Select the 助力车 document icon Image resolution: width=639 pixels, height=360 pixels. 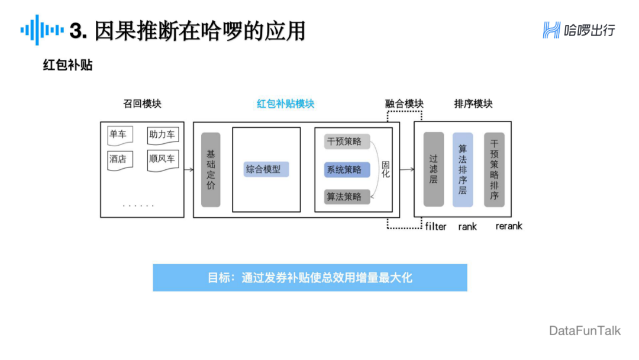point(162,136)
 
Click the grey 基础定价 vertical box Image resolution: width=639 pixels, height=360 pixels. point(211,169)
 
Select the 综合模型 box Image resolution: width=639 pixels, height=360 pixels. point(266,169)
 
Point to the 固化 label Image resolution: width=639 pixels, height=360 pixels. point(386,169)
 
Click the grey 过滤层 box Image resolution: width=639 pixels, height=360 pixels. point(434,169)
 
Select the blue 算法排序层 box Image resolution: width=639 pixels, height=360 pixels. point(463,169)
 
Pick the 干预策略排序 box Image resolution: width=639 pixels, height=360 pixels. point(494,169)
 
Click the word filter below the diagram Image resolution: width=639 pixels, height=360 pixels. point(436,226)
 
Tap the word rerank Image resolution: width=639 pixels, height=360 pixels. point(509,226)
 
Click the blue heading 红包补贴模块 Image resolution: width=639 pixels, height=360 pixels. point(285,104)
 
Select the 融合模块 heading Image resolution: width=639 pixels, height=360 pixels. point(404,104)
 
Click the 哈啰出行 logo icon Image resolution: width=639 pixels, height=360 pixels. point(551,30)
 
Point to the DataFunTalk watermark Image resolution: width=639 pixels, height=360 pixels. point(585,330)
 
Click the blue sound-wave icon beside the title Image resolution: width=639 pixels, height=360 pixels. point(41,30)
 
